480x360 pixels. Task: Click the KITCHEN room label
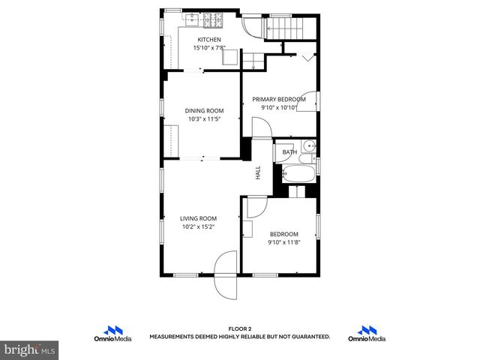pyautogui.click(x=209, y=40)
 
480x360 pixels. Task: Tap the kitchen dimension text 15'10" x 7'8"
pyautogui.click(x=209, y=49)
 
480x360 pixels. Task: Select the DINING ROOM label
pyautogui.click(x=205, y=110)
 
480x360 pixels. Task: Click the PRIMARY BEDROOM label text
pyautogui.click(x=279, y=99)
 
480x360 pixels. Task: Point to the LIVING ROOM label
pyautogui.click(x=198, y=218)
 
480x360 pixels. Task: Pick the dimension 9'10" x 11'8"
pyautogui.click(x=284, y=242)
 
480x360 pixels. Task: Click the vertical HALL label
pyautogui.click(x=257, y=172)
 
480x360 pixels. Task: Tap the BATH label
pyautogui.click(x=289, y=152)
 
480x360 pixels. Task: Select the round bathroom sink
pyautogui.click(x=309, y=145)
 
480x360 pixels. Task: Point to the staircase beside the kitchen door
pyautogui.click(x=283, y=28)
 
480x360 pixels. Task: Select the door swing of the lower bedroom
pyautogui.click(x=256, y=205)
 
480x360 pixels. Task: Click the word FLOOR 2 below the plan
pyautogui.click(x=239, y=329)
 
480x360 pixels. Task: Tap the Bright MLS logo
pyautogui.click(x=29, y=349)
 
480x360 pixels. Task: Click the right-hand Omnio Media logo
pyautogui.click(x=367, y=334)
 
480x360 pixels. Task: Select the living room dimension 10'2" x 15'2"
pyautogui.click(x=198, y=227)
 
